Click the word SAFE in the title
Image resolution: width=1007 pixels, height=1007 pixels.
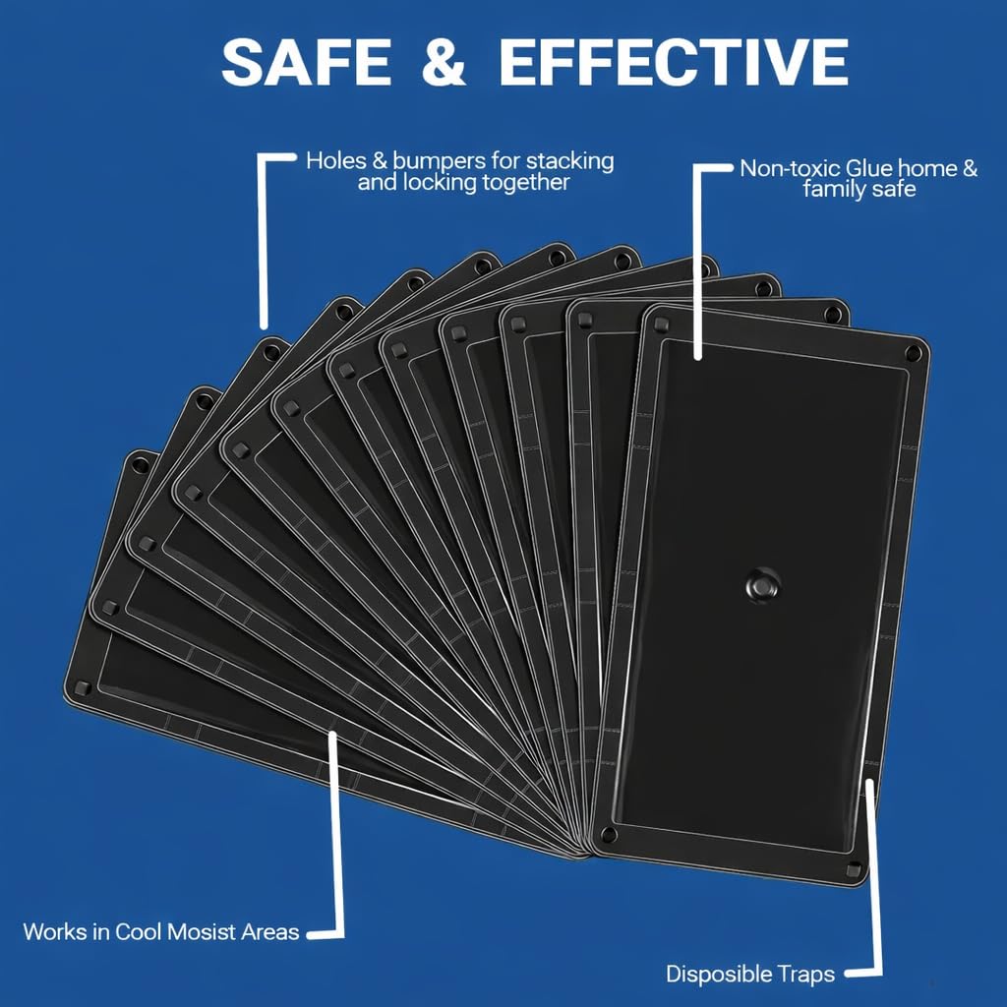(x=307, y=62)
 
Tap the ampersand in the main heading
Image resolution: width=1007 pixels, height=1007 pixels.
(x=444, y=62)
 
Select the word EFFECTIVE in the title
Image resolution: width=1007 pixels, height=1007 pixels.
(x=674, y=62)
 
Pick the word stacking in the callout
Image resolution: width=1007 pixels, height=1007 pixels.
(x=569, y=162)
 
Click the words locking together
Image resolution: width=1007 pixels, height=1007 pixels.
(x=463, y=183)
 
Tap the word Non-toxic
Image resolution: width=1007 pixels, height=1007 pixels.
(x=790, y=169)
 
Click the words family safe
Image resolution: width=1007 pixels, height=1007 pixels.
(x=859, y=190)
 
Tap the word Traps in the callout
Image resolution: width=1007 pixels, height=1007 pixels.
(x=801, y=975)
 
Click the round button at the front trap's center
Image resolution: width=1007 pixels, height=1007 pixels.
(x=762, y=584)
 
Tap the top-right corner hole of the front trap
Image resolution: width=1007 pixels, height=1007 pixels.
(x=913, y=353)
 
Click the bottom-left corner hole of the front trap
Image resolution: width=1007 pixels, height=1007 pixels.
(x=607, y=836)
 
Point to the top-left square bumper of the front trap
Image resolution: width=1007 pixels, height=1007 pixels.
(x=662, y=326)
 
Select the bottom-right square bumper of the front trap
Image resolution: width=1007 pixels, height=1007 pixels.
(x=854, y=869)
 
